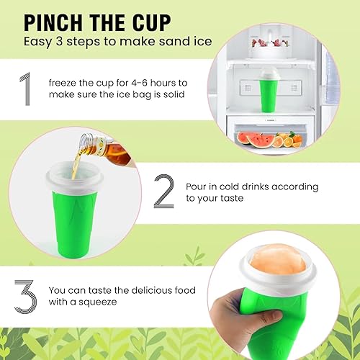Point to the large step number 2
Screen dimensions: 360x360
pyautogui.click(x=164, y=191)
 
